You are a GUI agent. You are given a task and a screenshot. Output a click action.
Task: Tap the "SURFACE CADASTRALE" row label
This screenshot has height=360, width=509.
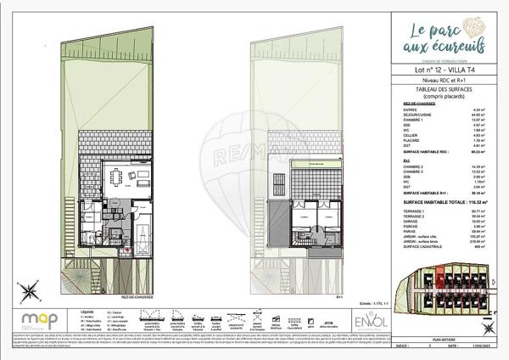420,246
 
